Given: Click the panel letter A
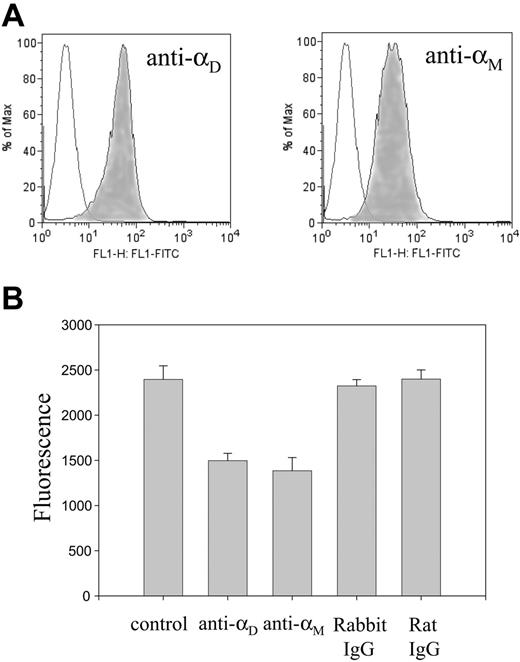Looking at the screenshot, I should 14,14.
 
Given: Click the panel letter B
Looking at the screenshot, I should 14,296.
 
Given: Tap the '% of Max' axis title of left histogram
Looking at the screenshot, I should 7,130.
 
